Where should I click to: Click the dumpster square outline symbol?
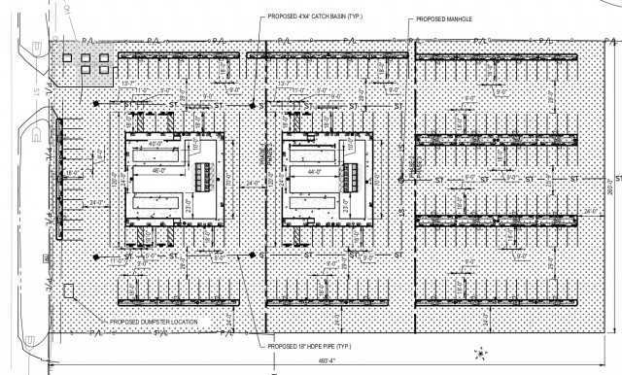click(67, 290)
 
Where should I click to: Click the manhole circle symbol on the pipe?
click(402, 179)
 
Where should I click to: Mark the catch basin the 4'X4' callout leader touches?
click(252, 105)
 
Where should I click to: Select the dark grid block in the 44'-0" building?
click(356, 176)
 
